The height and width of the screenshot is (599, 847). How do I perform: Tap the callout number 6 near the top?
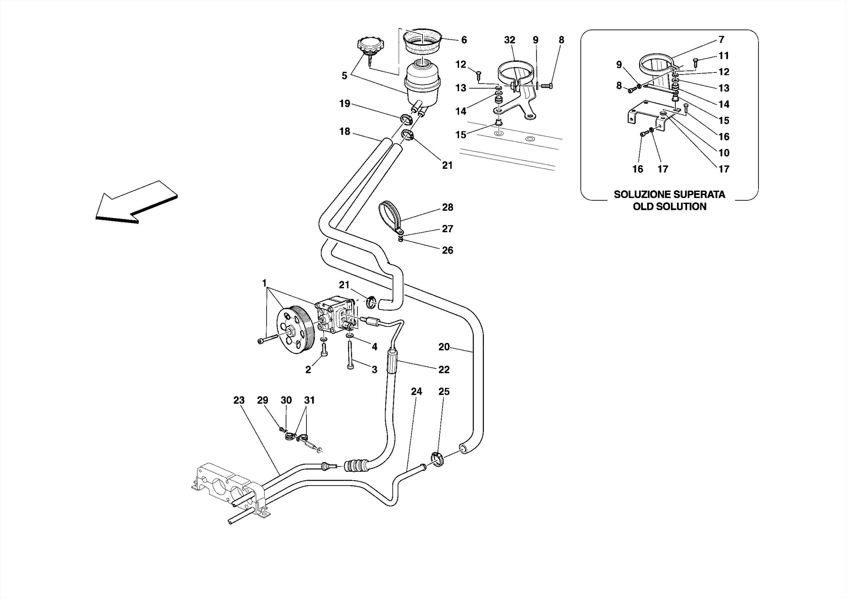click(x=464, y=40)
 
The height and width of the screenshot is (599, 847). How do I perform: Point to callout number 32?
click(x=510, y=40)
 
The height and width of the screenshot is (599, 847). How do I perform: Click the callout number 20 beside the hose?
click(x=444, y=347)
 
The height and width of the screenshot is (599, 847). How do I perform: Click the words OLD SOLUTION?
click(x=669, y=207)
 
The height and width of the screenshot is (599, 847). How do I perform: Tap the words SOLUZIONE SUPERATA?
click(x=669, y=195)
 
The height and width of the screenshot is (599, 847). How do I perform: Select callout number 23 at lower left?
click(x=239, y=400)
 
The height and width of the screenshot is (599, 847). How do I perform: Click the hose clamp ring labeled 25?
click(x=437, y=459)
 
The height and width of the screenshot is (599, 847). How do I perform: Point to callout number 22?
click(x=444, y=370)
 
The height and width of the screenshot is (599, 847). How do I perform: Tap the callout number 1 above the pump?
click(x=264, y=283)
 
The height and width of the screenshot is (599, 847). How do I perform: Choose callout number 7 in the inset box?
click(x=721, y=40)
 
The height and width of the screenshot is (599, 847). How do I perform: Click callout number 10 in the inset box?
click(x=724, y=153)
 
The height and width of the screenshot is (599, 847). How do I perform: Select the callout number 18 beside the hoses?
click(x=345, y=132)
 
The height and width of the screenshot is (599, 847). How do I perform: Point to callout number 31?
click(x=309, y=400)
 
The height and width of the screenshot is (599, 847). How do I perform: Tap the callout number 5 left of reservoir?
click(x=344, y=76)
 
